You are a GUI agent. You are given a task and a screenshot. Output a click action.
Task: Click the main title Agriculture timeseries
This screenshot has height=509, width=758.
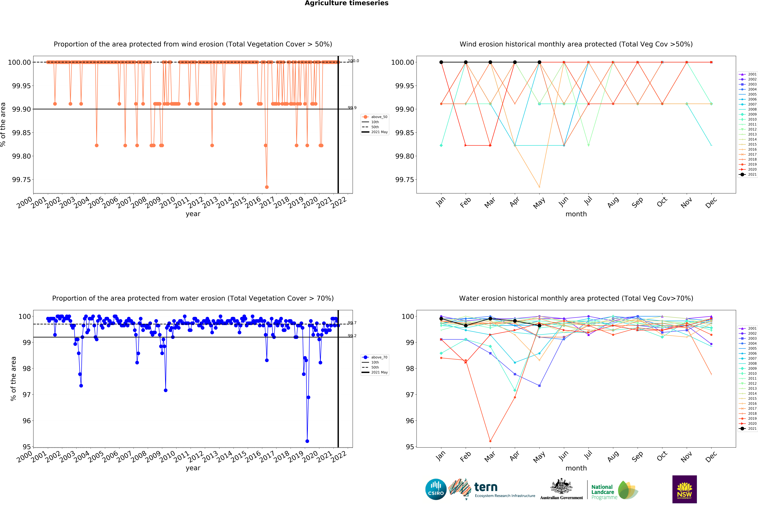point(346,3)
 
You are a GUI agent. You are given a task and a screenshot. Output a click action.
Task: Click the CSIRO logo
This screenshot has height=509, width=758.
point(436,489)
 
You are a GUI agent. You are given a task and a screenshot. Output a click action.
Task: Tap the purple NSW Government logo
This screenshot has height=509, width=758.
point(684,489)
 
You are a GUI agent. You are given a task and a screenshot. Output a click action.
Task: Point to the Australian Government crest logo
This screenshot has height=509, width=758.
point(561,489)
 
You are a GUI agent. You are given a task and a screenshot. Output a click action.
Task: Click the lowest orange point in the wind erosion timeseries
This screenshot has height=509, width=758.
point(267,187)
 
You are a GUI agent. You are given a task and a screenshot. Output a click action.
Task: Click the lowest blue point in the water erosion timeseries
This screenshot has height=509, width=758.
point(307,441)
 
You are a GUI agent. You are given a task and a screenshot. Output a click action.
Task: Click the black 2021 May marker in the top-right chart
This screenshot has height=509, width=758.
point(539,62)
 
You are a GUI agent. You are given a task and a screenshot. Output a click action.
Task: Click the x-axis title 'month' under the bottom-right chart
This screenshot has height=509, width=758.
point(576,468)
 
